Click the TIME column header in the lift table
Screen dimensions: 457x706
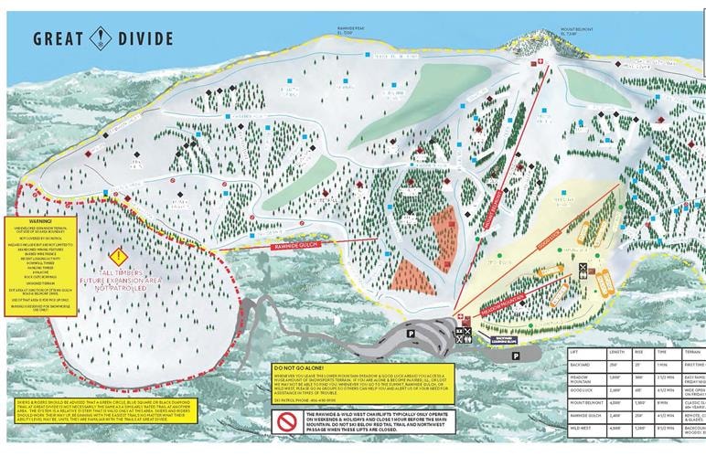click(x=665, y=352)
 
